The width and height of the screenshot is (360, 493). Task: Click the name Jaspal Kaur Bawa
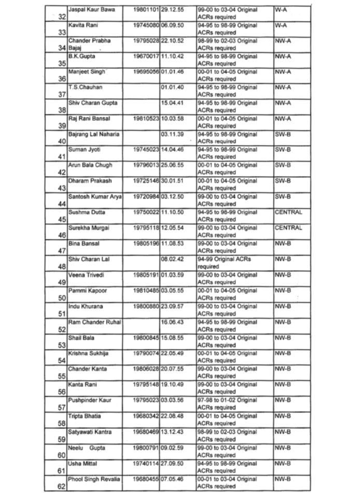[x=91, y=10]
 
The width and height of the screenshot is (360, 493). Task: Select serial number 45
[x=62, y=220]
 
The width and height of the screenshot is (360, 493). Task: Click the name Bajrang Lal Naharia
[x=94, y=134]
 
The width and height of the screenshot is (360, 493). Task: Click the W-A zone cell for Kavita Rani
[x=281, y=25]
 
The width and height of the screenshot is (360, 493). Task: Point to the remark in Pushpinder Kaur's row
[x=227, y=404]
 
